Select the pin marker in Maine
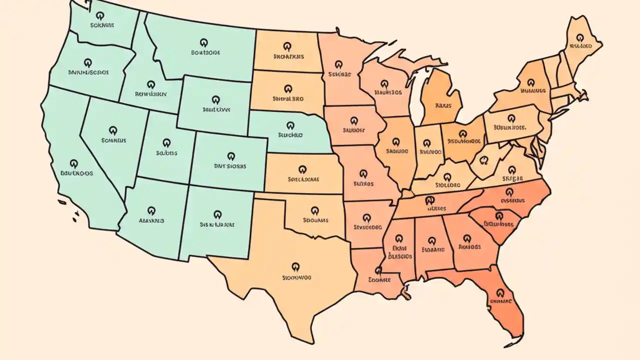[579, 37]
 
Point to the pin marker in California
[74, 164]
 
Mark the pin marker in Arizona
[151, 211]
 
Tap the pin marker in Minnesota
[339, 65]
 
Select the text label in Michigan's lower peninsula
[443, 105]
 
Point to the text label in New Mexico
[217, 225]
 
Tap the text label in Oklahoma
[315, 219]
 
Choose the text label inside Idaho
[151, 93]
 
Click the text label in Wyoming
[216, 108]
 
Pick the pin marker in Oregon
[88, 62]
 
